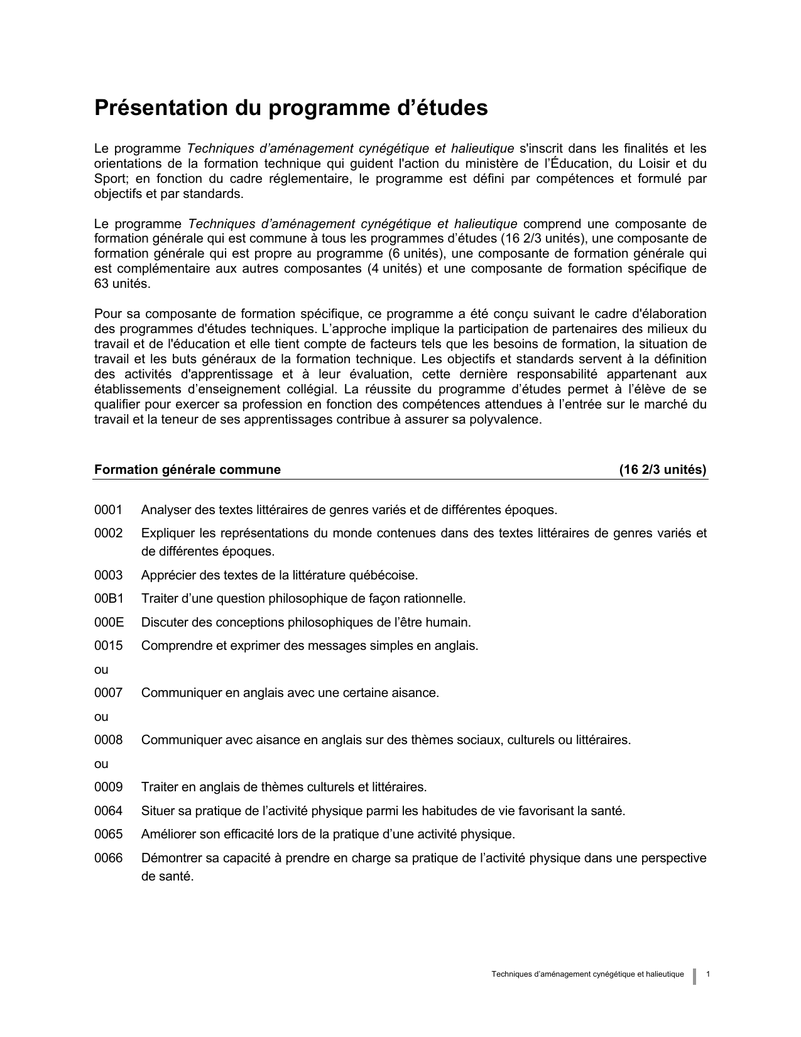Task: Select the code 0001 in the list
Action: pyautogui.click(x=108, y=510)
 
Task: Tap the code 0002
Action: pyautogui.click(x=108, y=534)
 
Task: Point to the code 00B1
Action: pyautogui.click(x=109, y=599)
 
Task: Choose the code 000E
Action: pyautogui.click(x=109, y=623)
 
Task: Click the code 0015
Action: pyautogui.click(x=108, y=646)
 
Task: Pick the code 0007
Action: pyautogui.click(x=108, y=693)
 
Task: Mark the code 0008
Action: pyautogui.click(x=108, y=740)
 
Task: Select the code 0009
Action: pyautogui.click(x=108, y=787)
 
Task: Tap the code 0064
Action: pyautogui.click(x=108, y=811)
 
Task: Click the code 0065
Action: pyautogui.click(x=108, y=835)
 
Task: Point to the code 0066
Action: pyautogui.click(x=108, y=859)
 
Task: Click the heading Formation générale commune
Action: pyautogui.click(x=187, y=470)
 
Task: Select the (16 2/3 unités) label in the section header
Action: pyautogui.click(x=663, y=470)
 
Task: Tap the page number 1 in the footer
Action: pyautogui.click(x=709, y=975)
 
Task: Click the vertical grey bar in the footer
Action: pyautogui.click(x=695, y=976)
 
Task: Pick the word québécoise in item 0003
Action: pyautogui.click(x=384, y=576)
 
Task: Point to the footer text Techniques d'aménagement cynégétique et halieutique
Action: pyautogui.click(x=587, y=975)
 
